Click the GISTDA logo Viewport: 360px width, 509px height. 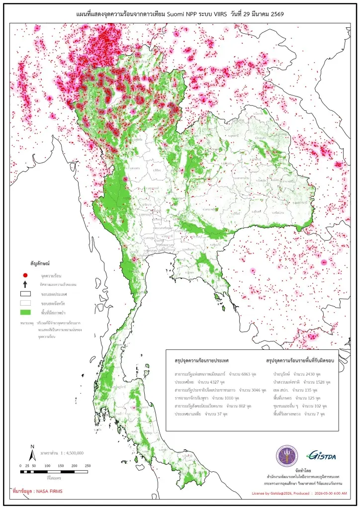316,455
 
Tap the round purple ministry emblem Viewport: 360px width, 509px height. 285,455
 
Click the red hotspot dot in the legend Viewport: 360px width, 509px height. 25,275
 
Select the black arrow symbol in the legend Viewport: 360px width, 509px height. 25,284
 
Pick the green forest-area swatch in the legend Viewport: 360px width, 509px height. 25,312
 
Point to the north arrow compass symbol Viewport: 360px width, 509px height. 32,453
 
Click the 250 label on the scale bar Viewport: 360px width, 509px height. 87,465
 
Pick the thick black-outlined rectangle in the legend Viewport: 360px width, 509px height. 25,294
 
